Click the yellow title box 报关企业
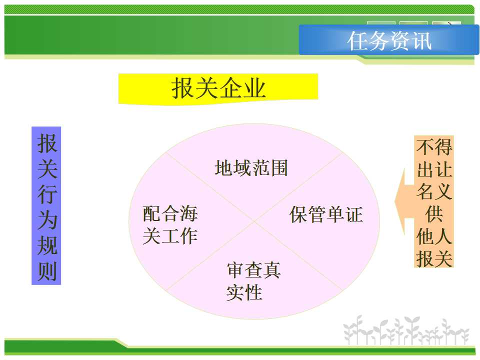(218, 89)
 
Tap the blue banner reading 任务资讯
(389, 40)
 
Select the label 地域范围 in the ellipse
(251, 168)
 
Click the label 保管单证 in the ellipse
(326, 214)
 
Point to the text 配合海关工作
(170, 225)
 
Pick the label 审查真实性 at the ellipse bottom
(253, 281)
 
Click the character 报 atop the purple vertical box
(47, 143)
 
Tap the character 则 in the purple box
(47, 271)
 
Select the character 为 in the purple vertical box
(47, 219)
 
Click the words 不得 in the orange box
(434, 147)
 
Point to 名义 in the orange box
(434, 191)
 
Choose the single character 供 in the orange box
(434, 214)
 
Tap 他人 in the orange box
(434, 236)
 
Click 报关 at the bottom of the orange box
(434, 258)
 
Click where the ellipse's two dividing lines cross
(254, 221)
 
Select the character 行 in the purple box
(47, 194)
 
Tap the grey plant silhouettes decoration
(406, 331)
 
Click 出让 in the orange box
(434, 169)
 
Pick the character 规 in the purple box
(47, 245)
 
